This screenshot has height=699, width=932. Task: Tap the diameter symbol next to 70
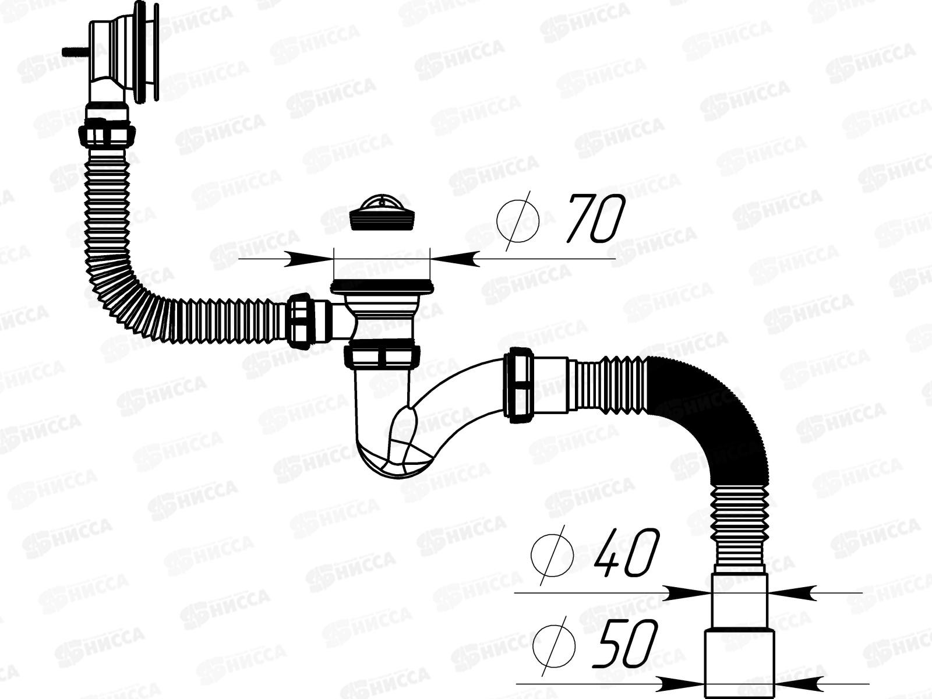(x=518, y=219)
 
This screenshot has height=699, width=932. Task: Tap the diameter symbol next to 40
(x=552, y=553)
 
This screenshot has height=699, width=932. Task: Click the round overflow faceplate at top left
(x=146, y=52)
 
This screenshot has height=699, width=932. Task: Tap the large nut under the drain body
(x=382, y=356)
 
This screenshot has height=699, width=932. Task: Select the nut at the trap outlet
(x=518, y=384)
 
